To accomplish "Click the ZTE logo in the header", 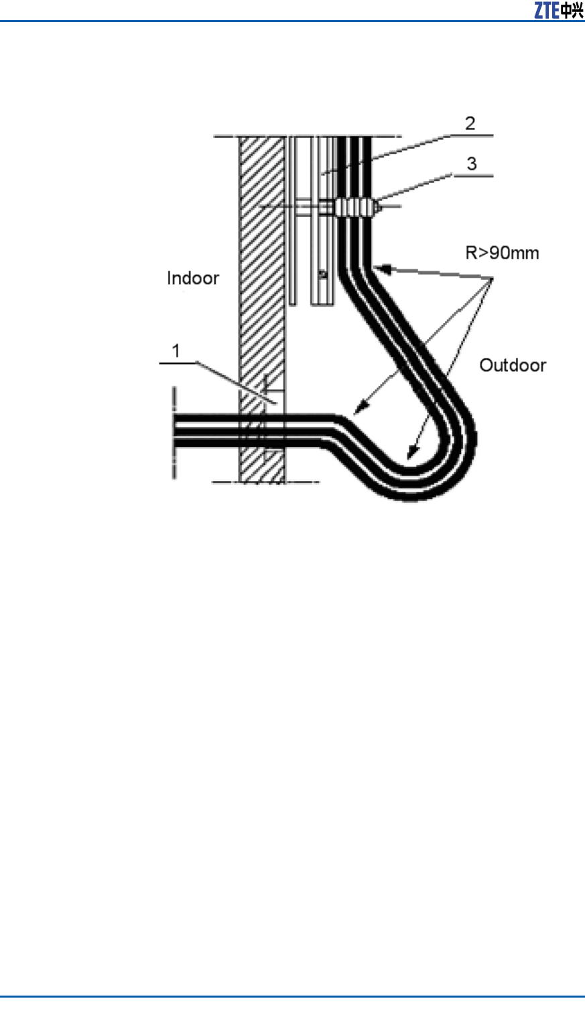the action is click(558, 10).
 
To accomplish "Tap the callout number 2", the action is click(470, 123).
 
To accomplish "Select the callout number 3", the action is click(472, 163).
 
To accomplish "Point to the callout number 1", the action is click(176, 350).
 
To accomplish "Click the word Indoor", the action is click(193, 278).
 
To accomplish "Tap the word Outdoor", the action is click(513, 365).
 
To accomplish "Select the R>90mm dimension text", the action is click(502, 253).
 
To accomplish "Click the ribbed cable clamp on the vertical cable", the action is click(354, 207).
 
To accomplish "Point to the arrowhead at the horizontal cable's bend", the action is click(356, 409).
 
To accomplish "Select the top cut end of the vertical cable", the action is click(355, 138).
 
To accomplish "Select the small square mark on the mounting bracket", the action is click(323, 273).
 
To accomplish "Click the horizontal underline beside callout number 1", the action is click(177, 362).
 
